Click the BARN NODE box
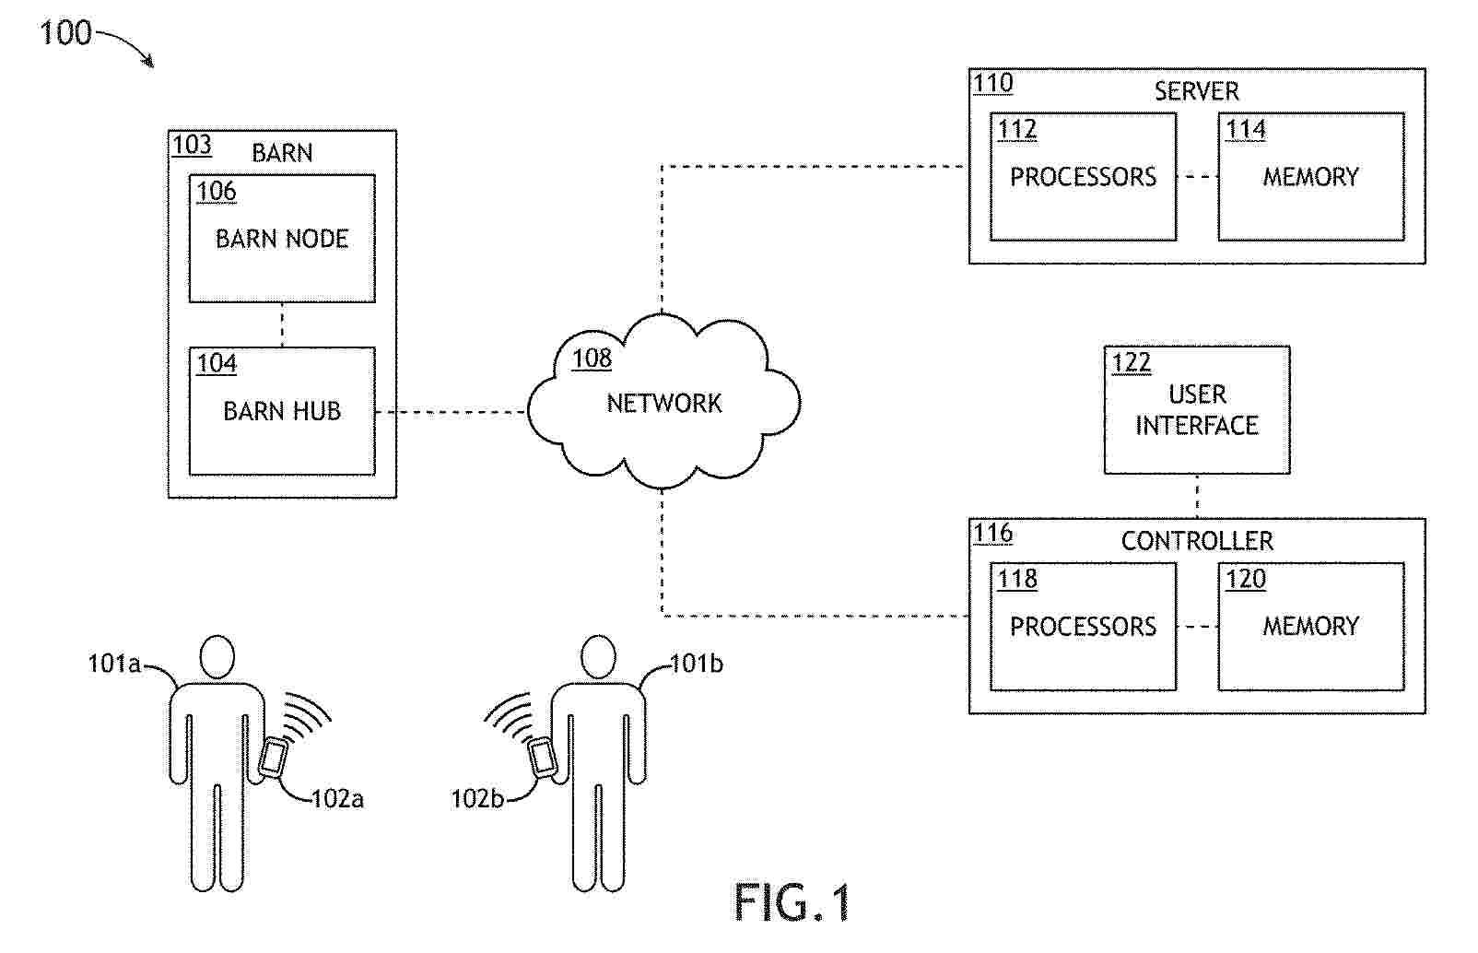[x=282, y=238]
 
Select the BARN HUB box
[x=282, y=411]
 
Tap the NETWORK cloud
[x=663, y=403]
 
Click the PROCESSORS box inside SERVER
[x=1083, y=177]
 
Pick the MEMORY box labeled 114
[x=1310, y=177]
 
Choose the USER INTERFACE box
[x=1196, y=410]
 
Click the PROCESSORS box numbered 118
[x=1083, y=627]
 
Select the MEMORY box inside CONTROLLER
[x=1310, y=627]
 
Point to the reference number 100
[x=65, y=34]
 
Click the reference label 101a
[x=113, y=664]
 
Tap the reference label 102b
[x=476, y=798]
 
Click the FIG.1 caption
[x=792, y=902]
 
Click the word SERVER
[x=1196, y=91]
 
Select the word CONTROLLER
[x=1196, y=541]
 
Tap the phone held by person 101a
[x=273, y=758]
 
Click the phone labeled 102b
[x=542, y=758]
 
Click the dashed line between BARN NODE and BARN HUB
[x=282, y=324]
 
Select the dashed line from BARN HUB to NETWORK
[x=452, y=412]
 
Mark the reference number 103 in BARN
[x=192, y=145]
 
